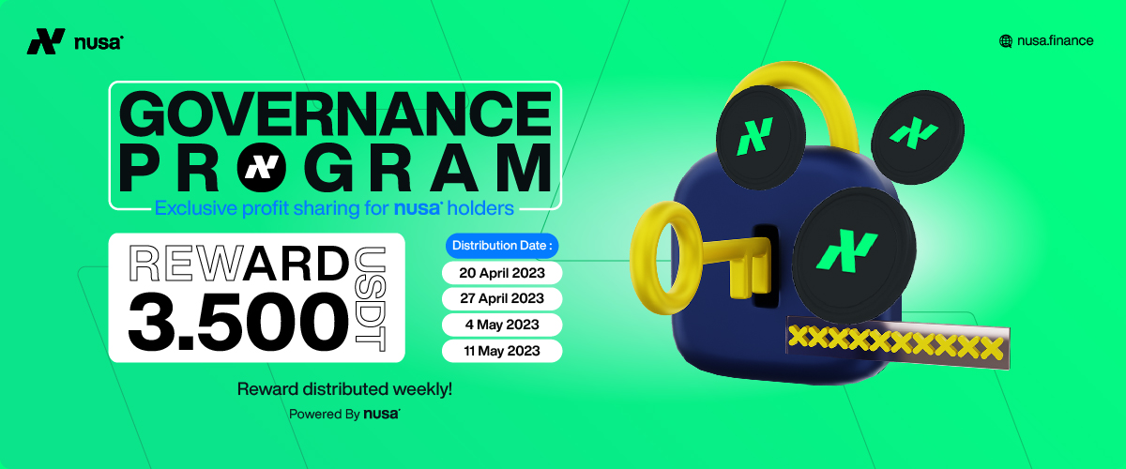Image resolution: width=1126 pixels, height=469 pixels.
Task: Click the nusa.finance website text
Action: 1055,40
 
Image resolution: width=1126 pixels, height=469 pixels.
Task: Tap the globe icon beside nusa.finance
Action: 1005,41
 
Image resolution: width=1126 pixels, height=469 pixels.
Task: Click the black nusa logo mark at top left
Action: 46,41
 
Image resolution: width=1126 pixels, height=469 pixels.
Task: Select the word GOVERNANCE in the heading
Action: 335,113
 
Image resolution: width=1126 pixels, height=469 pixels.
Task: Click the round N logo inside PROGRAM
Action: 262,167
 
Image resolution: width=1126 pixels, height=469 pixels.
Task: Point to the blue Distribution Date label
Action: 502,246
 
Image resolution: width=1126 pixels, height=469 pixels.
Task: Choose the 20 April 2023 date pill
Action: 502,273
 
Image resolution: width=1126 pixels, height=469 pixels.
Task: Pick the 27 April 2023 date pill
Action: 502,298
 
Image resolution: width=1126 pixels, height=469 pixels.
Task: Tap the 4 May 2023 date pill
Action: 502,325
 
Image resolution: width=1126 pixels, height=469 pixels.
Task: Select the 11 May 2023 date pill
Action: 502,351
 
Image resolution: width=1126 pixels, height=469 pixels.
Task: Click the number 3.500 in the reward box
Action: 238,323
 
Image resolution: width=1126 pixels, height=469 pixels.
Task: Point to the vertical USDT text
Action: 371,299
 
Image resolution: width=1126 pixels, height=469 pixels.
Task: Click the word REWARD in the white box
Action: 238,264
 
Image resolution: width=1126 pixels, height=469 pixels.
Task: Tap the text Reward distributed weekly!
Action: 345,389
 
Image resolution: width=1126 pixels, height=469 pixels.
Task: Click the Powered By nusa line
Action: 345,414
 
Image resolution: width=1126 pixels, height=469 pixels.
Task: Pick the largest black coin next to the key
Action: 854,255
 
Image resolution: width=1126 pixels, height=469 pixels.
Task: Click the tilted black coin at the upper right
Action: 918,136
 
